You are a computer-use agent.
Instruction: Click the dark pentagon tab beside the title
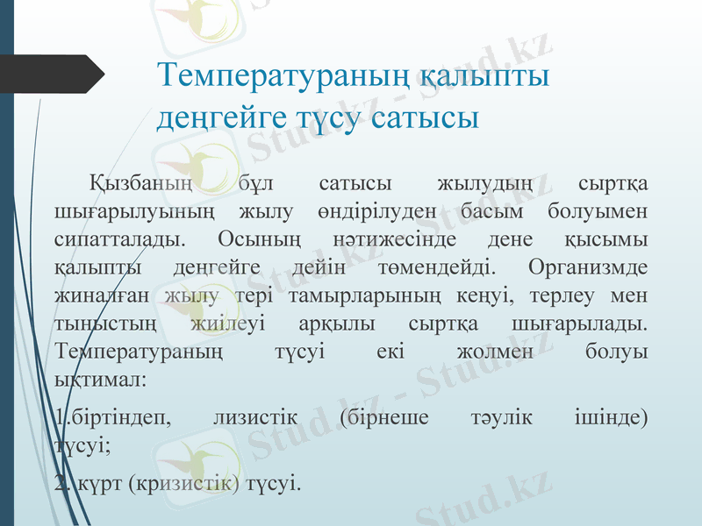[53, 74]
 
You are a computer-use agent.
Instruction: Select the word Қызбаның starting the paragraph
[140, 184]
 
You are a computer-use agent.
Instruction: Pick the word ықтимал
[99, 380]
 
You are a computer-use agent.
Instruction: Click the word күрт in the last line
[93, 483]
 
